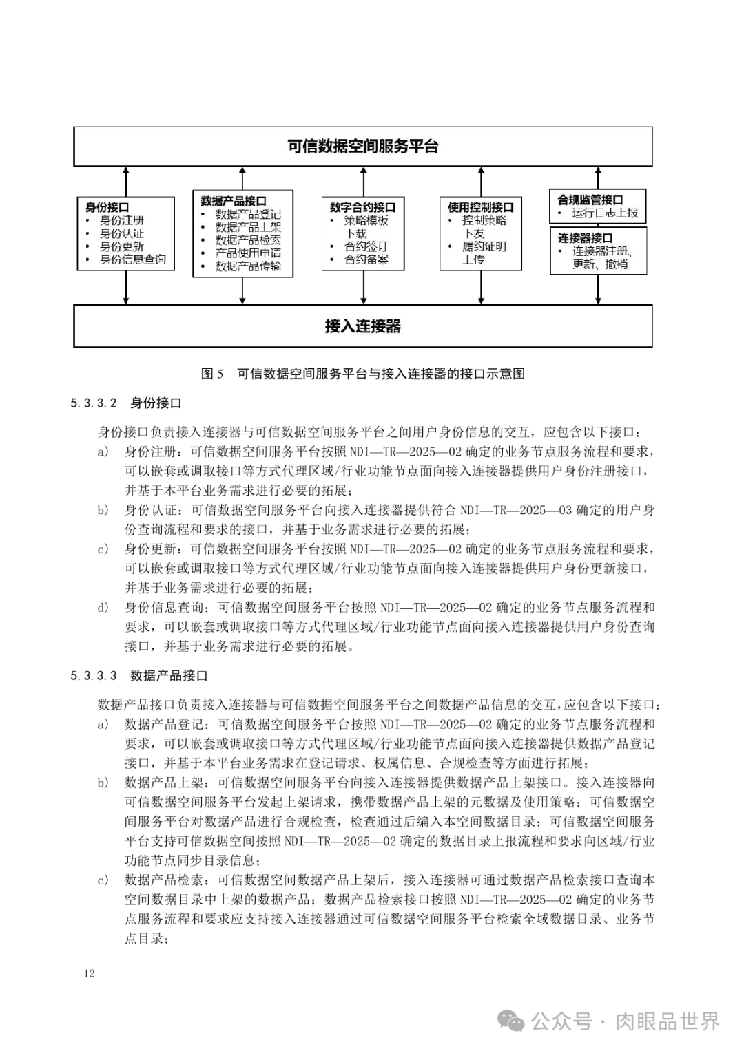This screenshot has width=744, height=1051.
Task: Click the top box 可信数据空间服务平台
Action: pos(362,147)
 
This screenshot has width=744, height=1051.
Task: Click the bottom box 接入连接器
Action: pos(362,326)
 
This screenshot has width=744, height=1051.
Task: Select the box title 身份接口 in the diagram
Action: pos(107,207)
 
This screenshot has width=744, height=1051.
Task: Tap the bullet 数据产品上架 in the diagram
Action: pos(248,227)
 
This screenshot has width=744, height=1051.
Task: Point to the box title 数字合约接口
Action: pos(362,207)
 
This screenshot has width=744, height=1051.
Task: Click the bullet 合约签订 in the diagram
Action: pos(366,246)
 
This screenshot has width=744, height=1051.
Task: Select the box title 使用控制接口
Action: pos(480,207)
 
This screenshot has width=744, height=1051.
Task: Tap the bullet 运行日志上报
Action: pos(605,213)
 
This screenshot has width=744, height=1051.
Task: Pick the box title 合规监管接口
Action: pos(590,200)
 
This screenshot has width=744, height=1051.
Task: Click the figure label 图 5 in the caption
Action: pos(212,374)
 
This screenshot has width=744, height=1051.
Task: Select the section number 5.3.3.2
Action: pos(94,403)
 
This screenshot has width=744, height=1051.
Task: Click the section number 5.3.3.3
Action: pos(94,676)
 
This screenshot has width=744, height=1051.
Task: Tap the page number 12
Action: pos(89,973)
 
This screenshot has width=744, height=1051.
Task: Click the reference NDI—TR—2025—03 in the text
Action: pos(516,510)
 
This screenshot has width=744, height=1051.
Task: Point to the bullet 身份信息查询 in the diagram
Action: pos(133,259)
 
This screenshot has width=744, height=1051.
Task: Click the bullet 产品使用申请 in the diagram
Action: pos(248,253)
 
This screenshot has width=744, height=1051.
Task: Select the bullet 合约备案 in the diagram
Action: pos(366,259)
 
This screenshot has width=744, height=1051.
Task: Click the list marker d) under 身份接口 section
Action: pos(103,607)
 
